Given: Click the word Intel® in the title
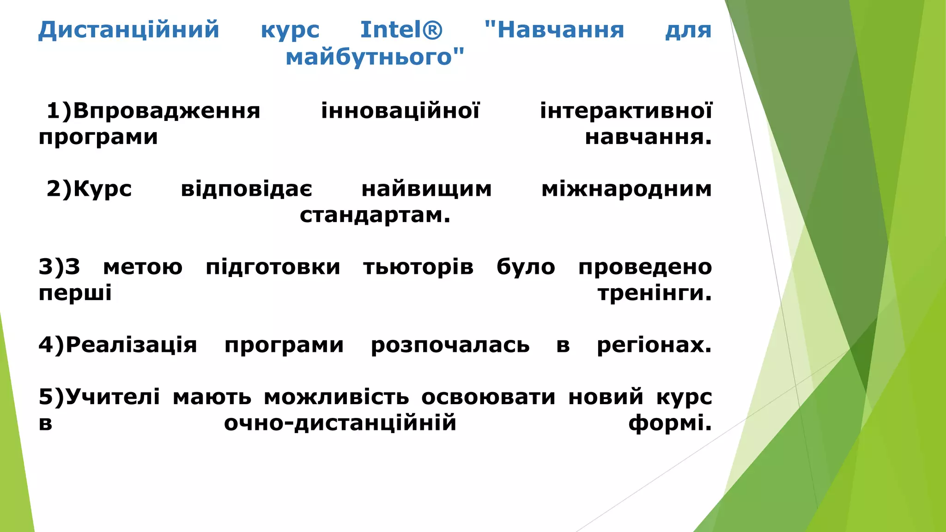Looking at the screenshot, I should tap(401, 30).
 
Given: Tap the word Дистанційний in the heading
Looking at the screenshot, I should tap(128, 30).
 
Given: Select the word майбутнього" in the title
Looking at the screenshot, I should tap(375, 57).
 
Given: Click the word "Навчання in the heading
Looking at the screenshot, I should tap(554, 30).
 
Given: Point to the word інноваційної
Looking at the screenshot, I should tap(400, 111).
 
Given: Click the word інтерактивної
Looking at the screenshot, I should tap(626, 111).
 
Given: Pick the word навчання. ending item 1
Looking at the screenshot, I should tap(648, 137).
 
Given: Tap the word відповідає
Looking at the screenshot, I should tap(246, 189).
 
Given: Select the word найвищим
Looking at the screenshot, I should tap(426, 189).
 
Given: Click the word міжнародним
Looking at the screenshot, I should tap(626, 189).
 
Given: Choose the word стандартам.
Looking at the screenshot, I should tap(375, 215).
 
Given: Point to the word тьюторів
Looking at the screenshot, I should tap(418, 267).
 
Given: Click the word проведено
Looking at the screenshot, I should tap(645, 267).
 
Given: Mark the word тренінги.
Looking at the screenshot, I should tap(655, 293).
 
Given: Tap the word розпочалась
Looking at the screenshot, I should tap(450, 345).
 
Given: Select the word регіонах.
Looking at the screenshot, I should tap(654, 345).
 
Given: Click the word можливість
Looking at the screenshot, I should tap(336, 397).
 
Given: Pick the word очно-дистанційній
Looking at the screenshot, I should tap(340, 423).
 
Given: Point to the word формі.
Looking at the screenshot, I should tap(670, 423).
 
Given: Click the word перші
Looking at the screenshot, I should tap(75, 293).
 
